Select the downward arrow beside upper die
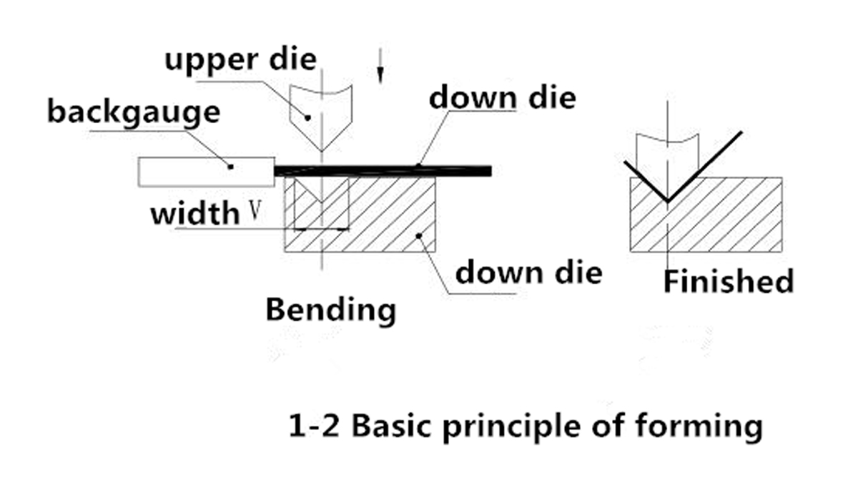click(381, 66)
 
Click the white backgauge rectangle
click(207, 172)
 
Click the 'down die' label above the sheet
click(502, 97)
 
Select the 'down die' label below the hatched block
click(528, 272)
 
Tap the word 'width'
click(194, 213)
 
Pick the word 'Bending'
click(330, 311)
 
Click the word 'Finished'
click(728, 281)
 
